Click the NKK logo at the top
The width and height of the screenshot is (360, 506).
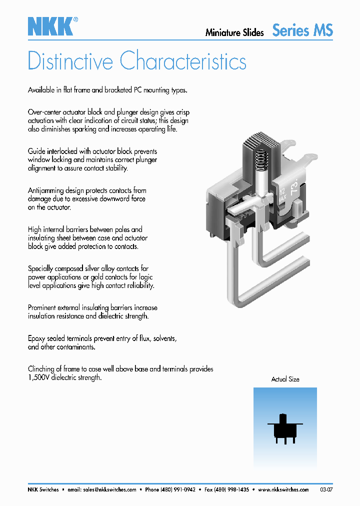point(50,26)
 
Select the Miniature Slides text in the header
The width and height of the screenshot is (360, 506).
point(234,32)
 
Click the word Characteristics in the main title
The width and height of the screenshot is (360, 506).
point(183,61)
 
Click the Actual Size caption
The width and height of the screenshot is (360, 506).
point(285,379)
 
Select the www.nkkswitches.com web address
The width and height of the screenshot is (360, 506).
point(283,490)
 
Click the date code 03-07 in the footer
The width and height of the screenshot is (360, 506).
point(326,490)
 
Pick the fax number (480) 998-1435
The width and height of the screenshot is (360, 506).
point(231,490)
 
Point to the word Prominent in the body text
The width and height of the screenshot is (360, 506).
point(44,307)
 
